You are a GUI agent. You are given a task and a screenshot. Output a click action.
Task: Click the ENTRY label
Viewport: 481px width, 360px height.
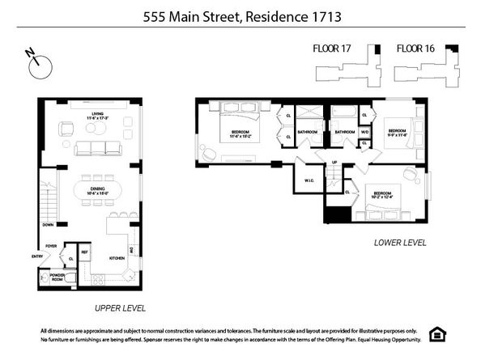[36, 257]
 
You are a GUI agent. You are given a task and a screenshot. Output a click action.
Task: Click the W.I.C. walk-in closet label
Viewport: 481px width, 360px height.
[309, 180]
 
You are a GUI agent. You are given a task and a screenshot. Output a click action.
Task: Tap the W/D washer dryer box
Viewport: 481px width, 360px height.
[364, 132]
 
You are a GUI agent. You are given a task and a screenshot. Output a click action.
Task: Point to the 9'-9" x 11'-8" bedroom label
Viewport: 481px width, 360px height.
[397, 133]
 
